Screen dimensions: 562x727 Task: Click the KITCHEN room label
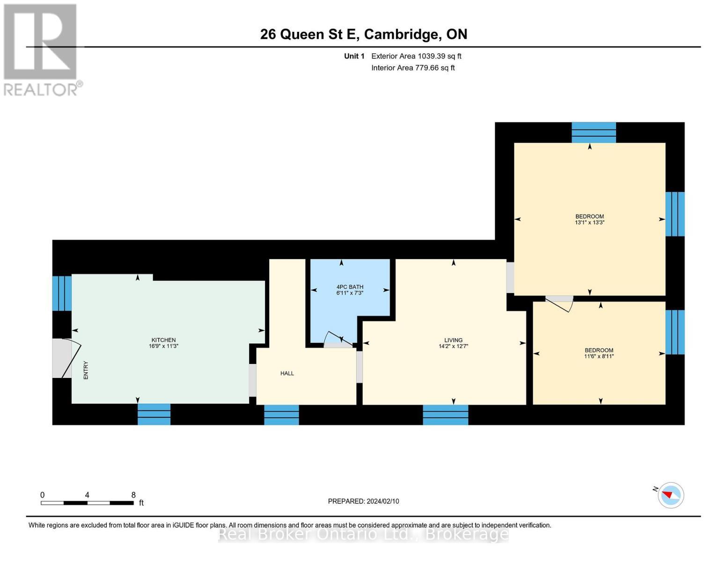pos(163,340)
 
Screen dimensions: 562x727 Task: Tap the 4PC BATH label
pos(350,287)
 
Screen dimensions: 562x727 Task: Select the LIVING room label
pos(453,340)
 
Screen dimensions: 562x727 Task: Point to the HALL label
pos(287,373)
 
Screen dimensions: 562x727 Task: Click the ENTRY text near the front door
pos(86,370)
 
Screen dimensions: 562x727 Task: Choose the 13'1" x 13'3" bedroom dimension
pos(589,223)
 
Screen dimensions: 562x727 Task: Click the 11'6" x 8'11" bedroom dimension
pos(599,356)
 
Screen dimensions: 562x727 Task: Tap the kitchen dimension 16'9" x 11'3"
pos(163,346)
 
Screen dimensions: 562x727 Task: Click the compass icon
pos(670,495)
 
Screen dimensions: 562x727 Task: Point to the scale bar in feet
pos(87,503)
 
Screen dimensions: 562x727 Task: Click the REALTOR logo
pos(41,49)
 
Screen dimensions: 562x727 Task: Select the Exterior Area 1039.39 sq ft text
pos(416,56)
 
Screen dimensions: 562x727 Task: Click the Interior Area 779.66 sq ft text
pos(413,68)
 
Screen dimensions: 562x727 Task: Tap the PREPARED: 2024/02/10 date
pos(363,501)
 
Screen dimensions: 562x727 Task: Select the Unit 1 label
pos(354,56)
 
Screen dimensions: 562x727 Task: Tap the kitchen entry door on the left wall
pos(66,358)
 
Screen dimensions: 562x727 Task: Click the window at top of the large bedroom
pos(594,132)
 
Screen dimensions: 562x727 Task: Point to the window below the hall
pos(281,415)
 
